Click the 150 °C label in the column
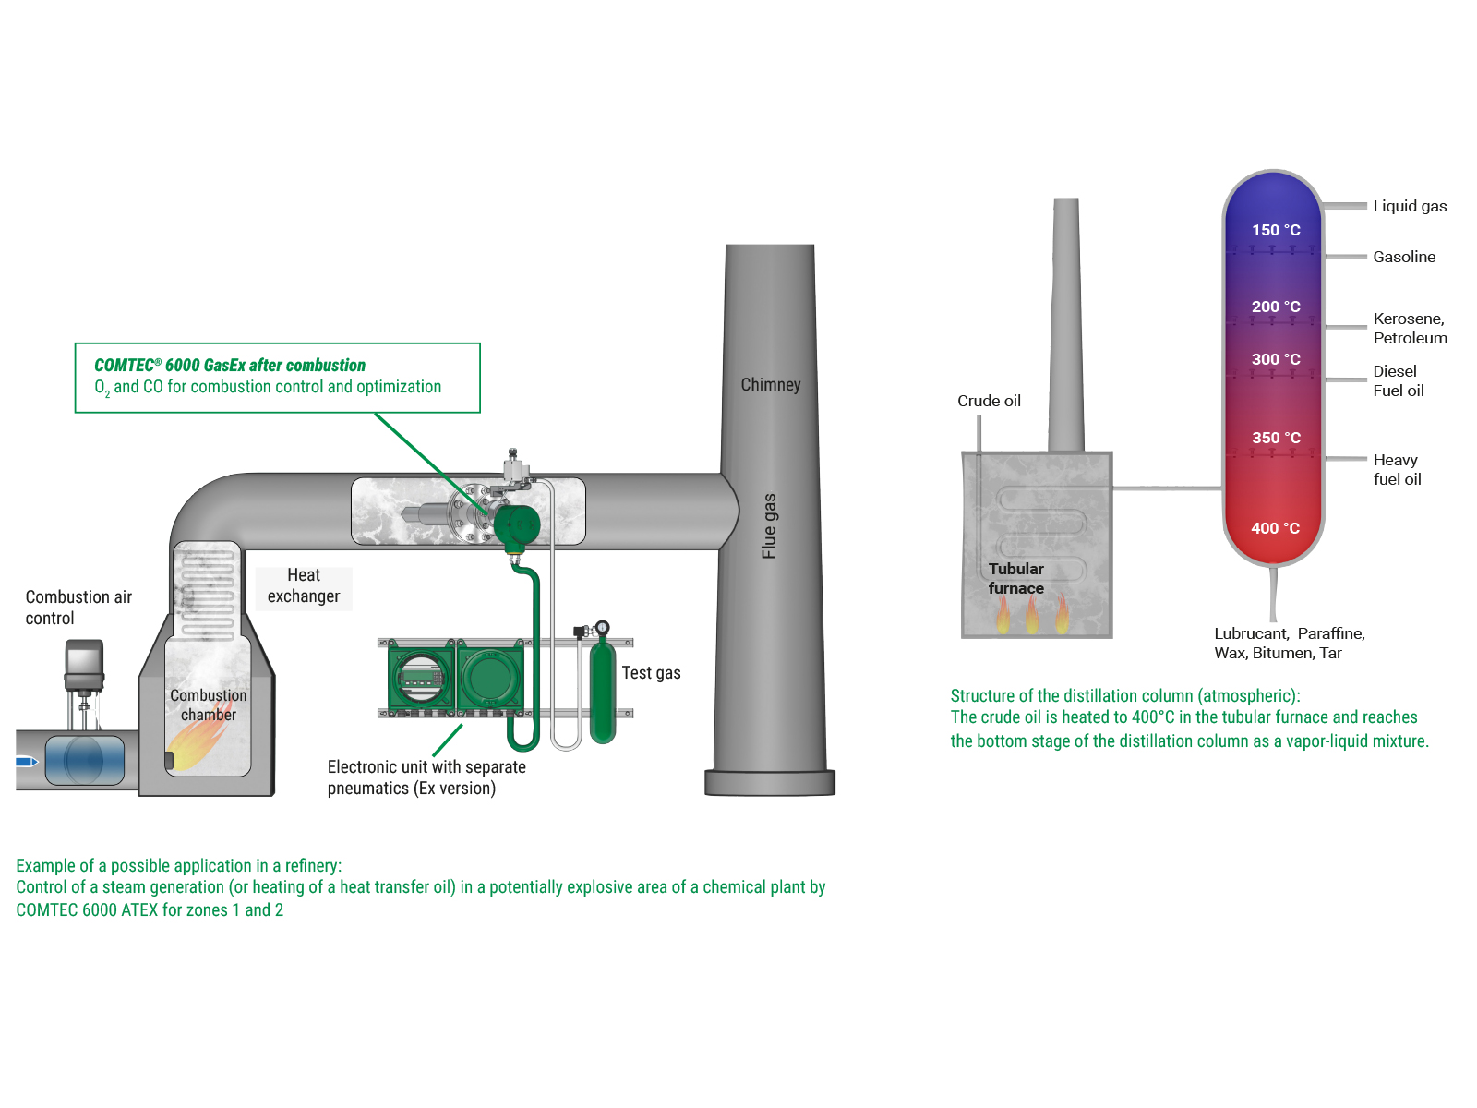(x=1276, y=230)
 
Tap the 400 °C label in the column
(x=1275, y=528)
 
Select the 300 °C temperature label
(x=1276, y=359)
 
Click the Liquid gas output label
(x=1410, y=206)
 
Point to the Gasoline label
(x=1404, y=257)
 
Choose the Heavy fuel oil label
(x=1397, y=469)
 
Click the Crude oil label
(x=989, y=401)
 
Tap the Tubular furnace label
(x=1015, y=578)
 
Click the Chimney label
(x=771, y=384)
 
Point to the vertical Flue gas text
(x=769, y=526)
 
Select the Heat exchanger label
(x=304, y=585)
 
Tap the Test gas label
(x=651, y=673)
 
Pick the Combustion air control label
(x=78, y=608)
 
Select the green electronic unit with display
(x=421, y=679)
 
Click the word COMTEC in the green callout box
(x=124, y=366)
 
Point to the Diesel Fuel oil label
(x=1398, y=380)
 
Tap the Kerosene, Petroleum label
(x=1410, y=328)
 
